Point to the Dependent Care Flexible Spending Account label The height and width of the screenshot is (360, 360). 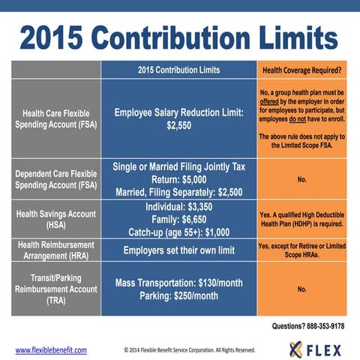[x=55, y=180]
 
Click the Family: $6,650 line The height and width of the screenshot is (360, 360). [x=178, y=219]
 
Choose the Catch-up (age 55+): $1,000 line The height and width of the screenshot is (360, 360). [x=178, y=232]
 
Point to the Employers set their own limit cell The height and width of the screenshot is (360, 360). [x=178, y=250]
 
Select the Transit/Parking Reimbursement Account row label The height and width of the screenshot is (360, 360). [x=55, y=288]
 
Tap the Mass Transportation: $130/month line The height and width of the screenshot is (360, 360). [x=178, y=283]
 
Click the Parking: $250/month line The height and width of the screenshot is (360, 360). [x=178, y=295]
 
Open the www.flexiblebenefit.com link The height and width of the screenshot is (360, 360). [x=51, y=350]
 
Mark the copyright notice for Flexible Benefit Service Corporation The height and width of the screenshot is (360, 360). [x=189, y=350]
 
